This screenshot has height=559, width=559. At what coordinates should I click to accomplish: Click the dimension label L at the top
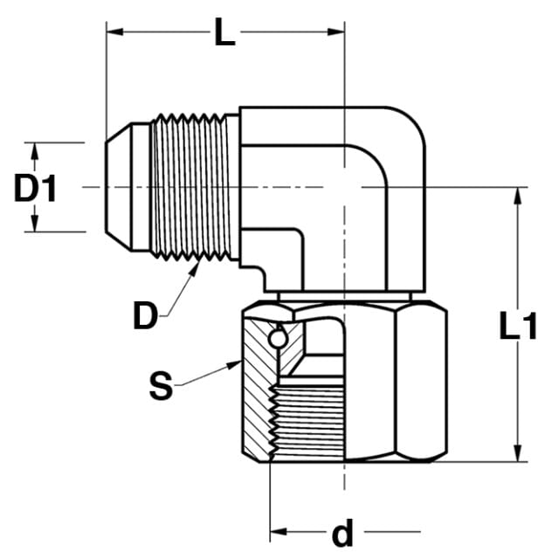pos(225,32)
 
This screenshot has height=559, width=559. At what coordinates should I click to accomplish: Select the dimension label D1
pos(35,188)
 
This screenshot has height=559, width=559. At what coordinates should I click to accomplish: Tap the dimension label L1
pos(518,326)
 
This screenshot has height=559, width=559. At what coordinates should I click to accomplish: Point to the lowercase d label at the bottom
pos(342,533)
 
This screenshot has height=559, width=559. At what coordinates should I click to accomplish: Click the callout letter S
pos(161,385)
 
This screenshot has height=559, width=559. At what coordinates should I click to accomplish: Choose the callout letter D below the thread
pos(145,315)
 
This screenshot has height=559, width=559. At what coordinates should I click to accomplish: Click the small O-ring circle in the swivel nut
pos(278,339)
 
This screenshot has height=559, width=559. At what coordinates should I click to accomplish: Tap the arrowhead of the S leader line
pos(235,365)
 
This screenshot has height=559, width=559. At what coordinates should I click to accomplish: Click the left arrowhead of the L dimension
pos(114,31)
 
